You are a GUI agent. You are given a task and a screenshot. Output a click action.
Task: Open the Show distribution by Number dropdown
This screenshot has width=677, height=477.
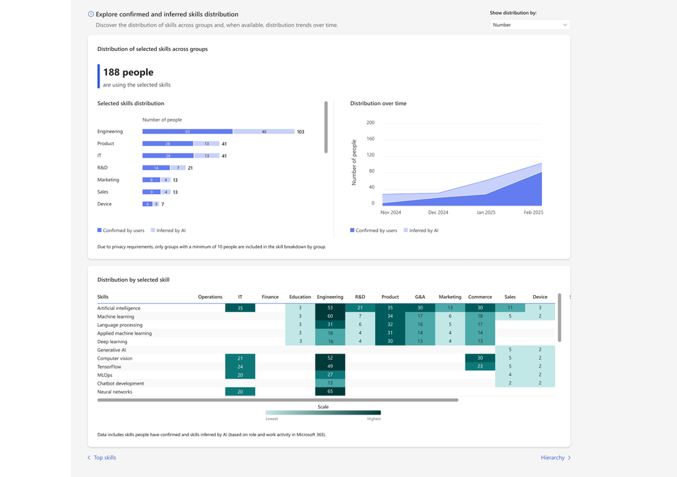529,25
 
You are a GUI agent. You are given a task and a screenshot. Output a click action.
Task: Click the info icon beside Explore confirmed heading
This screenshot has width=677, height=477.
91,14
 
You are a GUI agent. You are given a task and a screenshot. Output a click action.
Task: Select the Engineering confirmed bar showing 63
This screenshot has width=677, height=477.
187,132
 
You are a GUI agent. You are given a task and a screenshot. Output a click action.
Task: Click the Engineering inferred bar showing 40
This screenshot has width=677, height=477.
263,132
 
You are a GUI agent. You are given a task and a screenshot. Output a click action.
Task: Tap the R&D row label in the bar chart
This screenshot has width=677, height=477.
102,168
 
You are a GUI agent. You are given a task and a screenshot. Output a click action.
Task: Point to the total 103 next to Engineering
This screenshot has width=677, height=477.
301,132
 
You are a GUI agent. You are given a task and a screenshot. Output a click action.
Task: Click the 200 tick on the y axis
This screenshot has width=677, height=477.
370,123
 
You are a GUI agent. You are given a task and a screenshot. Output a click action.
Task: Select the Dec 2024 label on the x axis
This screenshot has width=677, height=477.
438,212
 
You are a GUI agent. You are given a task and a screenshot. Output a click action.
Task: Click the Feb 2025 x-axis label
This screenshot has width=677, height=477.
533,212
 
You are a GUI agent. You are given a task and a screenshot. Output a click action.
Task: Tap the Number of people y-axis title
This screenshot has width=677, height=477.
354,162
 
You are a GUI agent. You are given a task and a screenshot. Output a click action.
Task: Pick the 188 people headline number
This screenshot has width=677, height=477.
128,72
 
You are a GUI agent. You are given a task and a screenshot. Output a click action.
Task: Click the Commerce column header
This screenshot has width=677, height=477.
480,297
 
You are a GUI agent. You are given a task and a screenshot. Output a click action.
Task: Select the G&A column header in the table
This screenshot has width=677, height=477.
420,297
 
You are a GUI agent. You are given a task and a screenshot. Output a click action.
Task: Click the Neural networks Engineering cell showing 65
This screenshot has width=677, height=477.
330,392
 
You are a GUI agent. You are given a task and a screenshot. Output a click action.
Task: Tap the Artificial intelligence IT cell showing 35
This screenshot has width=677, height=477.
240,308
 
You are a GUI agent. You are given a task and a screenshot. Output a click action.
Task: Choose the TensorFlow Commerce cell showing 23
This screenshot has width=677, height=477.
480,366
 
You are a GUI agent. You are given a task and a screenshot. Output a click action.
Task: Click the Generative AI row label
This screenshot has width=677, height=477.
111,350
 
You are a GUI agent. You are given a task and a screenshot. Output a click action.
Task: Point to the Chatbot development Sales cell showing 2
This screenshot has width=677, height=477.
510,383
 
